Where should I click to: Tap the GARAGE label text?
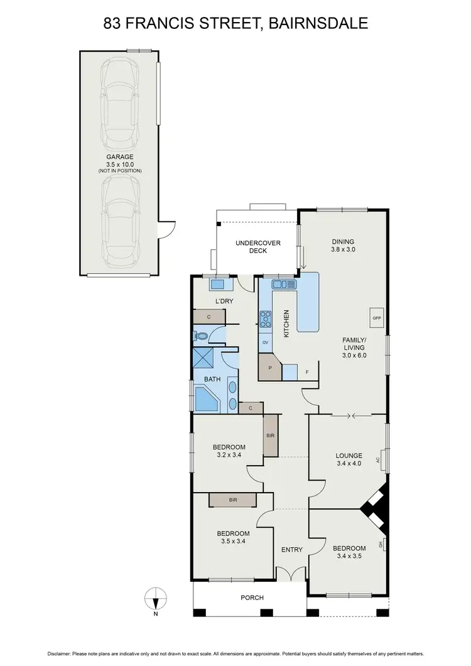[119, 157]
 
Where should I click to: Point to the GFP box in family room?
[377, 317]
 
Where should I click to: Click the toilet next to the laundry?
[200, 336]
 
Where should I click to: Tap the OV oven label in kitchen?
[265, 342]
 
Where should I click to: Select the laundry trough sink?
[218, 285]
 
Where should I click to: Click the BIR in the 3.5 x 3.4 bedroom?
[233, 500]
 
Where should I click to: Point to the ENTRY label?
[291, 550]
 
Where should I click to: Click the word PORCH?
[252, 598]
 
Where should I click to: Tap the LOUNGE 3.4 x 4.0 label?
[349, 461]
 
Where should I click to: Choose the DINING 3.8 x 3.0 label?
[344, 246]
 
